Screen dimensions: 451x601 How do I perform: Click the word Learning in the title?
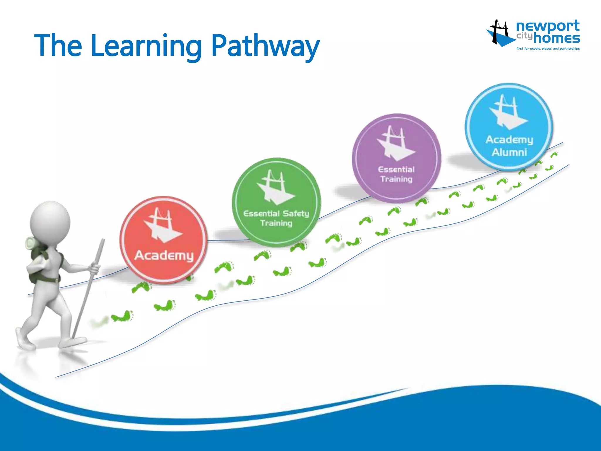pyautogui.click(x=146, y=46)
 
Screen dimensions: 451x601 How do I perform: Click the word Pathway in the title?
pyautogui.click(x=265, y=46)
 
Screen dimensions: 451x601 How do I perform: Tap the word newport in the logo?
pyautogui.click(x=548, y=26)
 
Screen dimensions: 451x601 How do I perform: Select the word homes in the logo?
pyautogui.click(x=556, y=38)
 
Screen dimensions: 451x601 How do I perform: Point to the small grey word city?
pyautogui.click(x=524, y=36)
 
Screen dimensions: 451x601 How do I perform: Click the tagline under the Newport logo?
pyautogui.click(x=548, y=49)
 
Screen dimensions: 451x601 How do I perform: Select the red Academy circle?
pyautogui.click(x=164, y=240)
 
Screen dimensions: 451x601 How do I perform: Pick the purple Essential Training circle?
pyautogui.click(x=396, y=158)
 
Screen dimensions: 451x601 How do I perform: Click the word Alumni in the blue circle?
pyautogui.click(x=509, y=152)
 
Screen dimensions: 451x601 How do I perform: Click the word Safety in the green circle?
pyautogui.click(x=296, y=213)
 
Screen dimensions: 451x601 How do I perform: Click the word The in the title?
pyautogui.click(x=58, y=46)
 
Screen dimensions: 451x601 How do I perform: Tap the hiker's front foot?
pyautogui.click(x=72, y=342)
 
